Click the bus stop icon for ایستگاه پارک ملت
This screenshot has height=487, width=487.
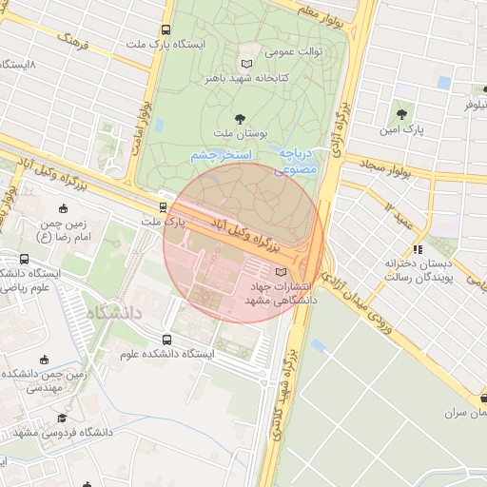166,30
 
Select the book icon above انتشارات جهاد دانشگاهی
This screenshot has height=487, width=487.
279,271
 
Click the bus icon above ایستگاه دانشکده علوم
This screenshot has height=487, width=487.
167,340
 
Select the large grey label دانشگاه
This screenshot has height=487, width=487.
112,312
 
